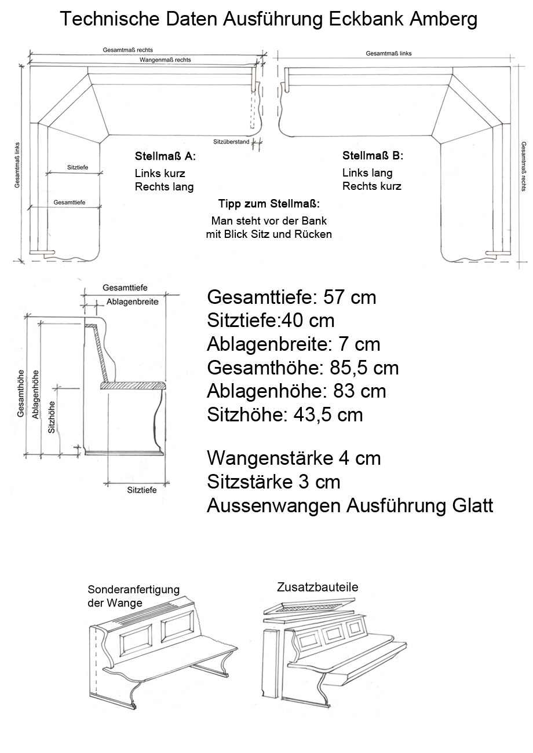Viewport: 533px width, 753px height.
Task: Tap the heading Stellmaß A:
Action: click(x=165, y=156)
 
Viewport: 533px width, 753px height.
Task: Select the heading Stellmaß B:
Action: click(x=373, y=156)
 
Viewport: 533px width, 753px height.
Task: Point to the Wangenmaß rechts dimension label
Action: click(x=165, y=60)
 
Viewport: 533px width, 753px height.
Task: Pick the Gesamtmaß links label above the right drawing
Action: click(x=389, y=53)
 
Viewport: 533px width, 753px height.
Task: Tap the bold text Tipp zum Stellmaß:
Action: click(x=269, y=204)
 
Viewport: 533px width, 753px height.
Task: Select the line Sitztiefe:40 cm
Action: click(x=271, y=321)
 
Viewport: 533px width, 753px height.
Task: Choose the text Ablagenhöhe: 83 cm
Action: click(x=296, y=391)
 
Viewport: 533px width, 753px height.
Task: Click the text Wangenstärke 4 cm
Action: click(x=294, y=458)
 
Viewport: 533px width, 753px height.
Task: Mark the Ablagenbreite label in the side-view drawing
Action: click(x=132, y=302)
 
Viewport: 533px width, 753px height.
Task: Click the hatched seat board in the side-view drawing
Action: click(x=133, y=385)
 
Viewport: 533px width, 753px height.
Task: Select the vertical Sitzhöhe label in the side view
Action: click(x=52, y=417)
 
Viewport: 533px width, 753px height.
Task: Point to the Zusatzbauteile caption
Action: click(x=317, y=587)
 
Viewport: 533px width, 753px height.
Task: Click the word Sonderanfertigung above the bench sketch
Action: click(x=133, y=590)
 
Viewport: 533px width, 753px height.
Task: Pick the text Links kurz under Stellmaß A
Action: click(x=158, y=173)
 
